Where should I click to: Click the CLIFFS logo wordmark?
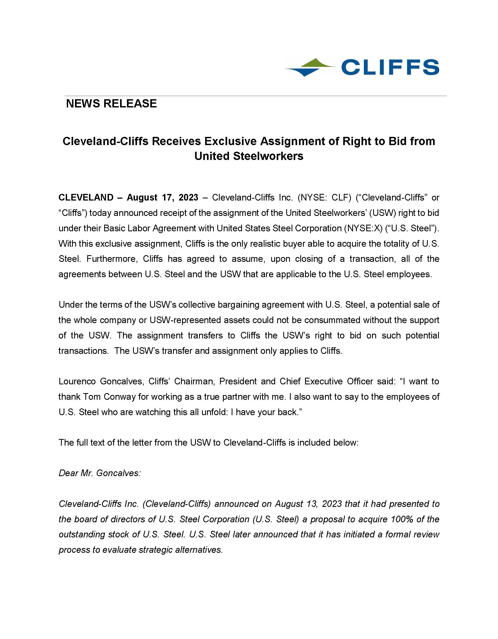(x=390, y=67)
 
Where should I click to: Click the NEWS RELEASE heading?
(x=111, y=103)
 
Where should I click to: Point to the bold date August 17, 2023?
(x=162, y=198)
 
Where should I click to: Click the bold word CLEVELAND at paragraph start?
(x=86, y=198)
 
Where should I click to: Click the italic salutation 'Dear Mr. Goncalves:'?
(x=100, y=473)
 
